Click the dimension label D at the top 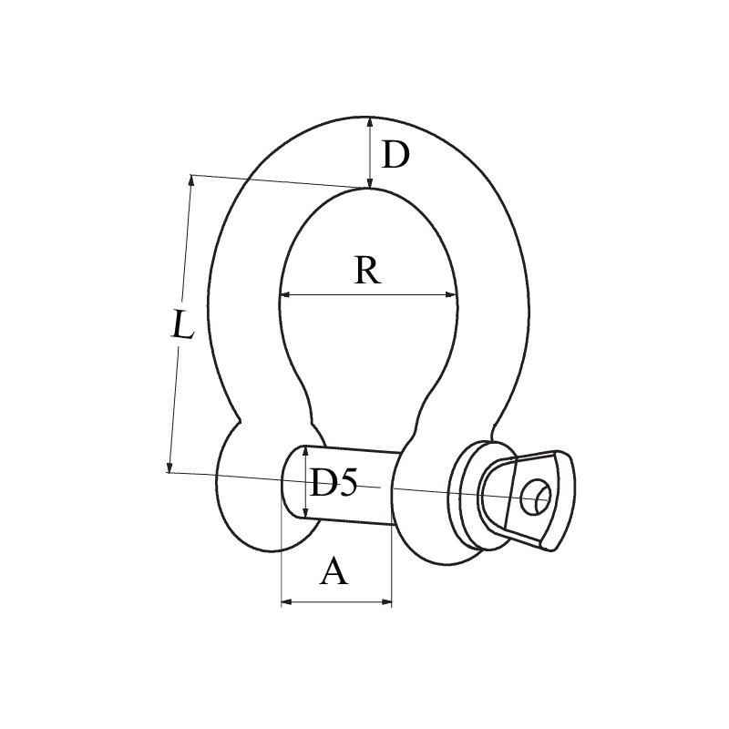pyautogui.click(x=395, y=156)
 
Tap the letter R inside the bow pyautogui.click(x=366, y=271)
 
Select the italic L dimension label pyautogui.click(x=183, y=325)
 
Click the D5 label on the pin pyautogui.click(x=333, y=483)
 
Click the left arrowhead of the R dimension pyautogui.click(x=285, y=294)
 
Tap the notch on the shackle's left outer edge pyautogui.click(x=240, y=421)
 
